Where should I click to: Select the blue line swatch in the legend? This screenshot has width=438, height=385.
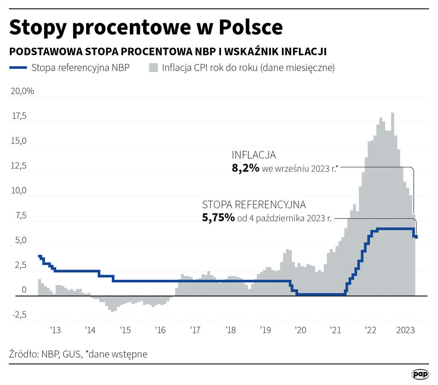pyautogui.click(x=18, y=68)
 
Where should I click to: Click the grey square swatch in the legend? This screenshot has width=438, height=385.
pyautogui.click(x=153, y=68)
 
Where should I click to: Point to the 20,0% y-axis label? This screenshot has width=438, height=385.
pyautogui.click(x=22, y=91)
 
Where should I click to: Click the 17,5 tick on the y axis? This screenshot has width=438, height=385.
pyautogui.click(x=19, y=116)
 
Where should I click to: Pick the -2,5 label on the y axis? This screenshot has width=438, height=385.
pyautogui.click(x=19, y=315)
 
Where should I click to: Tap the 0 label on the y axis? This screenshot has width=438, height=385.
pyautogui.click(x=24, y=290)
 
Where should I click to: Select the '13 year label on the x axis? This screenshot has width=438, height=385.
pyautogui.click(x=55, y=330)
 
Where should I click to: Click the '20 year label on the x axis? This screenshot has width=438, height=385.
pyautogui.click(x=301, y=330)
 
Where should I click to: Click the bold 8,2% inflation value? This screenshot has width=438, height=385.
pyautogui.click(x=245, y=168)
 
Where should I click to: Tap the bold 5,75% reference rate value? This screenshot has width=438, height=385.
pyautogui.click(x=218, y=218)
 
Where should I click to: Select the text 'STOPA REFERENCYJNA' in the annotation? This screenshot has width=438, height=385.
pyautogui.click(x=254, y=205)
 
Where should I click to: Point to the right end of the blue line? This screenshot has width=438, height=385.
pyautogui.click(x=416, y=236)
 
